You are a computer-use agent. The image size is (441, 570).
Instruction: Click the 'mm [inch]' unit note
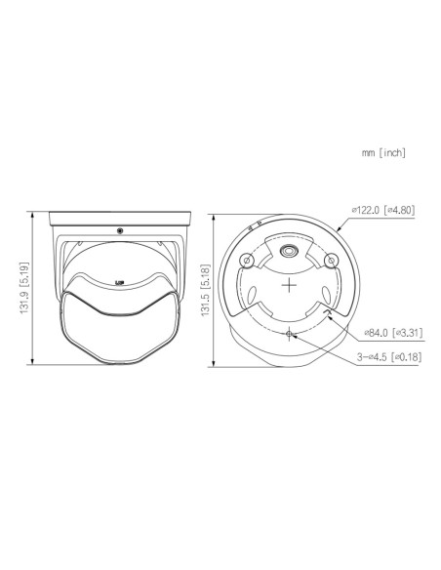(383, 152)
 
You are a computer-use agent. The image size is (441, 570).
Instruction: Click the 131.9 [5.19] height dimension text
(24, 288)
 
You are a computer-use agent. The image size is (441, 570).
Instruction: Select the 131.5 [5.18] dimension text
(205, 290)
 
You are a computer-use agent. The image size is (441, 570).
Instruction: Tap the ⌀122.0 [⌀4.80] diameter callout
(382, 210)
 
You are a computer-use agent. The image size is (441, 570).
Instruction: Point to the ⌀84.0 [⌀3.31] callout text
(394, 332)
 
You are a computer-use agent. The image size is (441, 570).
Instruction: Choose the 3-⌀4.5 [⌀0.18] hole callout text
(389, 357)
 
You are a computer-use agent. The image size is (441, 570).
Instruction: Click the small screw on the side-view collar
(119, 230)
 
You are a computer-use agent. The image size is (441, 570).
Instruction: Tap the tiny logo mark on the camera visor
(119, 282)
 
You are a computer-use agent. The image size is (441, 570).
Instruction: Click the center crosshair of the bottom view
(289, 285)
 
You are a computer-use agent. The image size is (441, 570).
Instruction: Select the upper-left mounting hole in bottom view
(247, 261)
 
